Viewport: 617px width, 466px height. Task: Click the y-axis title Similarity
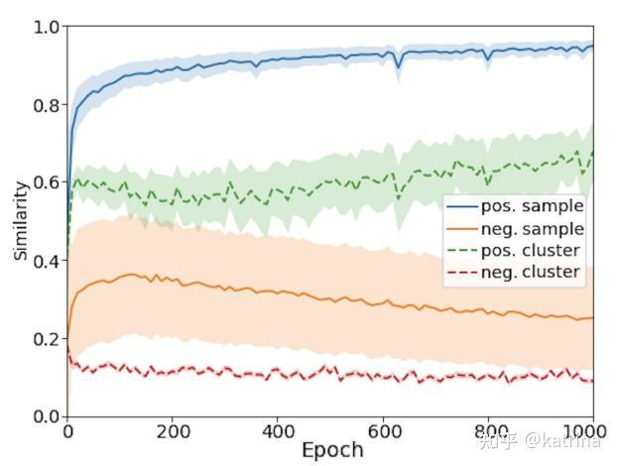click(20, 220)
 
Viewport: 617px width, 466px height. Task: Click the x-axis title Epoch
click(332, 449)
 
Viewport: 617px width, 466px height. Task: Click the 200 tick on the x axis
click(173, 432)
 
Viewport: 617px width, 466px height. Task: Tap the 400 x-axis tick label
click(278, 432)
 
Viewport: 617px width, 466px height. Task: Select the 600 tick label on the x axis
click(383, 432)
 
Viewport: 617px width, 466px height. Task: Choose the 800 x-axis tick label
click(488, 432)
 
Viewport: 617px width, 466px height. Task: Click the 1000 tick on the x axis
click(589, 432)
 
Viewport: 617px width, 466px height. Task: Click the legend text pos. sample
click(532, 207)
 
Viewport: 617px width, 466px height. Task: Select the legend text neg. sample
click(532, 229)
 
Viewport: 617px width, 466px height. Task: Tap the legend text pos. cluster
click(532, 251)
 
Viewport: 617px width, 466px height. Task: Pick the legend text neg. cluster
click(532, 273)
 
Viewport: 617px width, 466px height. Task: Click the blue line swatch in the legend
click(462, 207)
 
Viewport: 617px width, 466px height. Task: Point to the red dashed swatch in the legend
click(462, 273)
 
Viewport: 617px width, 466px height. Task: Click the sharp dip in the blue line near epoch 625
click(398, 66)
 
